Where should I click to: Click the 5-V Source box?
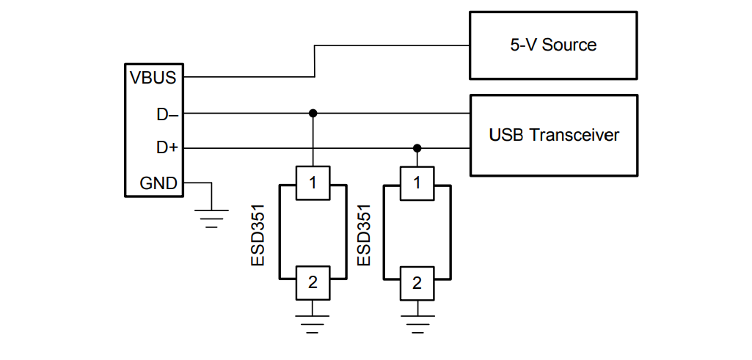point(553,45)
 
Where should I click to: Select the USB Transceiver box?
point(553,135)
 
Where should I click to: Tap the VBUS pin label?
point(153,77)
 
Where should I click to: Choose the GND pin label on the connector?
point(158,183)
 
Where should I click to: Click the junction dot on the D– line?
point(313,114)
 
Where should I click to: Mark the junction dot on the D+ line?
point(417,148)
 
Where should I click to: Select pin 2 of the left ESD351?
point(313,282)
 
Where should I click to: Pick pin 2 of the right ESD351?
point(417,282)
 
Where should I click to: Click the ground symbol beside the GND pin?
point(211,217)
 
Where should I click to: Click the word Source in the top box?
point(569,45)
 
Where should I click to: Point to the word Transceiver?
point(574,135)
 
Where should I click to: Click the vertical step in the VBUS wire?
point(315,61)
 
